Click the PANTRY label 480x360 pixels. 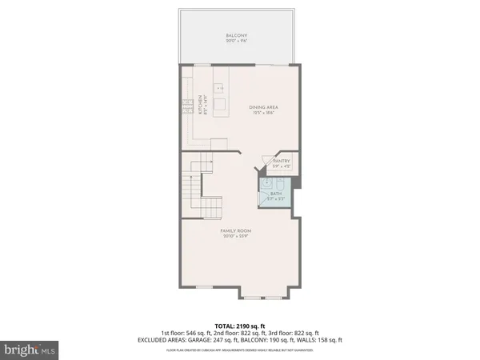point(281,161)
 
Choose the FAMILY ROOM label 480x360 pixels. point(241,231)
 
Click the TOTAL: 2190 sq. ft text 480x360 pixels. point(241,326)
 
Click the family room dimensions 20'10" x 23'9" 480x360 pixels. point(241,237)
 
